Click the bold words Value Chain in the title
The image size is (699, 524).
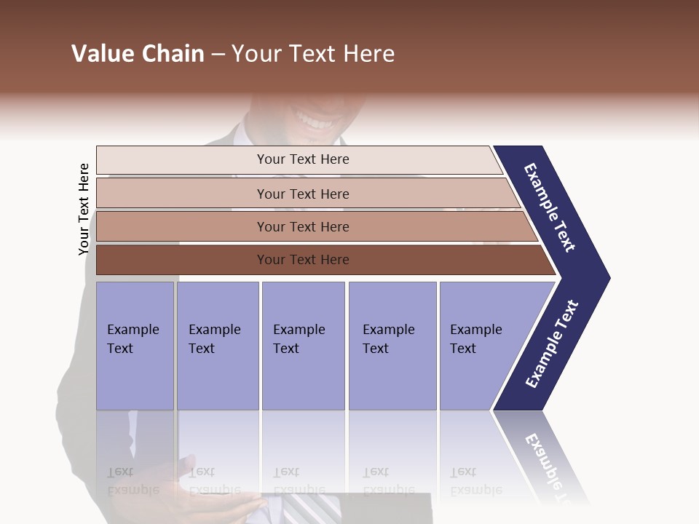[x=138, y=54]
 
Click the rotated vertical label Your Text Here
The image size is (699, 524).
[x=84, y=210]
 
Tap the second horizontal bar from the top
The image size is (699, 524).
[x=303, y=194]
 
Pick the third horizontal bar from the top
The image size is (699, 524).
[x=303, y=226]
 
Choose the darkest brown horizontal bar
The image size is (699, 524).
[x=303, y=260]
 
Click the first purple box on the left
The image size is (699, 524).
[x=135, y=346]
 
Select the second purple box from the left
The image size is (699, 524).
[x=217, y=346]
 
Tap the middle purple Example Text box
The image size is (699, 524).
[x=303, y=346]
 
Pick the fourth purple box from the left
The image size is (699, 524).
[x=392, y=346]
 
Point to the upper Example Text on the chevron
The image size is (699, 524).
[x=550, y=207]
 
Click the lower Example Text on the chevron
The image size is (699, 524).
[x=552, y=344]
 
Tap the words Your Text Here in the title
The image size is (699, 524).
[x=313, y=54]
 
